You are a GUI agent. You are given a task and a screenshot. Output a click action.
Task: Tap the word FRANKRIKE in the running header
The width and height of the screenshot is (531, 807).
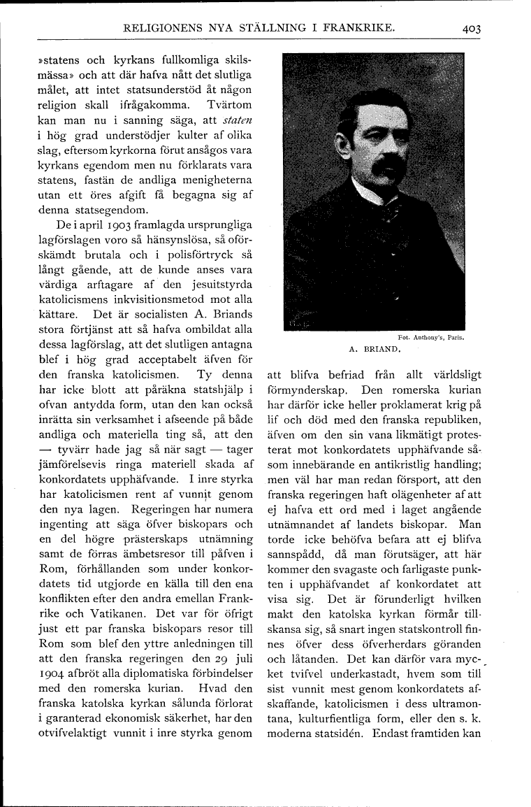click(352, 29)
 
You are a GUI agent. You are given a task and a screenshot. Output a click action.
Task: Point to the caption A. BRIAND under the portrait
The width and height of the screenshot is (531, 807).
click(373, 348)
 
